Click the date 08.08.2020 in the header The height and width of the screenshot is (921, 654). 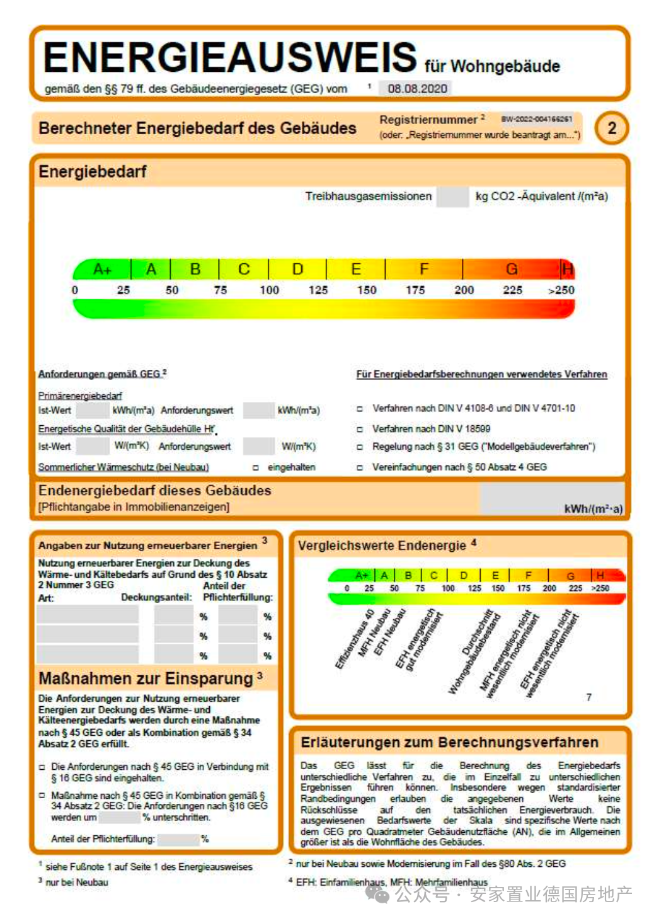417,89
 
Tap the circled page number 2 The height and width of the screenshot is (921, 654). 611,128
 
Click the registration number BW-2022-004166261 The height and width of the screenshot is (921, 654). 537,119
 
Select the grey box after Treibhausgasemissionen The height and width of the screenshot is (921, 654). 452,197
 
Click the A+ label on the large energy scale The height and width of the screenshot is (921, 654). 102,270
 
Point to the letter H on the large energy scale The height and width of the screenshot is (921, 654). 568,270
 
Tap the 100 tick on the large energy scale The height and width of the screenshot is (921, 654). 269,290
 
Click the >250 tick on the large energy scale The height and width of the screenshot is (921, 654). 561,290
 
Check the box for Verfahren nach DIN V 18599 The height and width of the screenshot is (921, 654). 360,429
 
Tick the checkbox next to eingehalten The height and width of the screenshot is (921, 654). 256,467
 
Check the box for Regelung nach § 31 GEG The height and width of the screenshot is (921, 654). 360,447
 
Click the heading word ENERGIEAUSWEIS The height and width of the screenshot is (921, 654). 230,57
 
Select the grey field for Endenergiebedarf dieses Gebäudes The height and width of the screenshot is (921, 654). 551,498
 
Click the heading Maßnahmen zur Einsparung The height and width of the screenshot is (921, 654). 146,678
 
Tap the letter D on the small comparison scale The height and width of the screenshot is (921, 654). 464,575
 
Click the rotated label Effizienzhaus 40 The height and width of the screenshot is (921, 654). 354,639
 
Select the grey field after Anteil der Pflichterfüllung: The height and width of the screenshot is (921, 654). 178,839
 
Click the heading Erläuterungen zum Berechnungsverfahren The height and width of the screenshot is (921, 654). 449,742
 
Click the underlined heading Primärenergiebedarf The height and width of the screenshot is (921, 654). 80,396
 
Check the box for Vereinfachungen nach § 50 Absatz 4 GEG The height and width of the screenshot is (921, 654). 360,467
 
